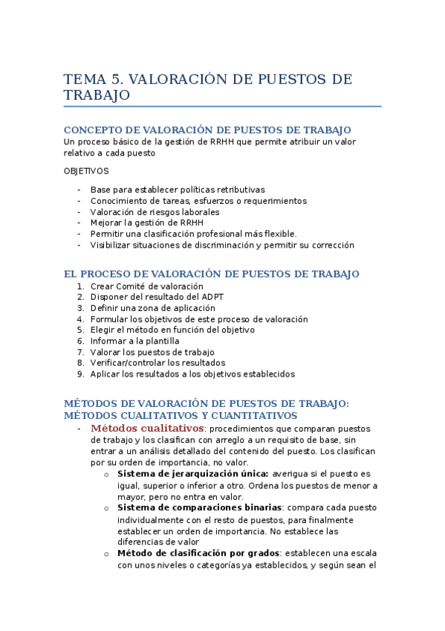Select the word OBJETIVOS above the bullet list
click(x=86, y=170)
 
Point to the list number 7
click(x=80, y=352)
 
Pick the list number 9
click(x=80, y=374)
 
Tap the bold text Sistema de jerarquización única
click(x=193, y=473)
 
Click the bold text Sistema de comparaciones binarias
click(x=195, y=507)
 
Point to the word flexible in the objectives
click(x=278, y=233)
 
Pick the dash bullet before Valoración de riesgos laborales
click(x=79, y=211)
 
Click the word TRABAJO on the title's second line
click(x=97, y=95)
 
